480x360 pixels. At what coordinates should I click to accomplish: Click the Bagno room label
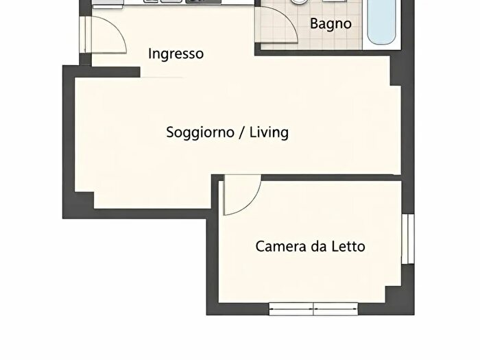[x=331, y=23]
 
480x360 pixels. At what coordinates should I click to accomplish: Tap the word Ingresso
[x=176, y=53]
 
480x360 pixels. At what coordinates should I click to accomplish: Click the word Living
[x=269, y=132]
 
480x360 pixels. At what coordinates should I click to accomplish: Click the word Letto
[x=347, y=246]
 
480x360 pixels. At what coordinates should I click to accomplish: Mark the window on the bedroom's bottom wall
[x=313, y=309]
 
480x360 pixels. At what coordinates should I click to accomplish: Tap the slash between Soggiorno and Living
[x=241, y=132]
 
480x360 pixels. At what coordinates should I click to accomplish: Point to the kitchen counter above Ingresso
[x=171, y=3]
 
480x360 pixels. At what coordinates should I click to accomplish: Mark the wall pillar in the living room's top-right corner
[x=397, y=71]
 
